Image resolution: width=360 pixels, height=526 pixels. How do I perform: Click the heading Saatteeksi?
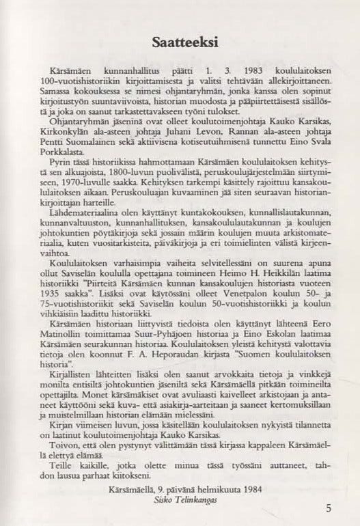click(x=180, y=44)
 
